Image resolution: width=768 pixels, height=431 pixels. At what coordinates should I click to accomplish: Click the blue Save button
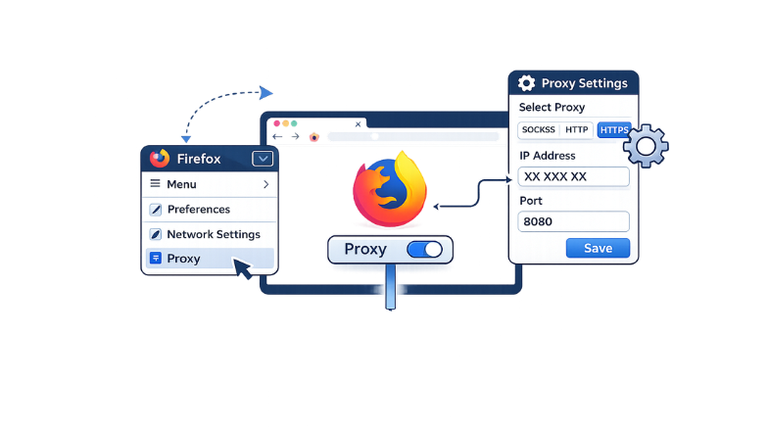click(598, 248)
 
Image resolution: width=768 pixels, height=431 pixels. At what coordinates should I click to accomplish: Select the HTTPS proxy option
click(614, 130)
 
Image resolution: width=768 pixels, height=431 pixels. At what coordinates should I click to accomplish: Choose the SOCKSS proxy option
click(539, 130)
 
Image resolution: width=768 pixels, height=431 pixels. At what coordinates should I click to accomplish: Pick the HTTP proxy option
click(577, 130)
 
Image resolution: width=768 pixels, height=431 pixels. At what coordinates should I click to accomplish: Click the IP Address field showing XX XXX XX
click(573, 177)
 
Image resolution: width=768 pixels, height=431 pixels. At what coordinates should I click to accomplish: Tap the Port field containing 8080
click(573, 221)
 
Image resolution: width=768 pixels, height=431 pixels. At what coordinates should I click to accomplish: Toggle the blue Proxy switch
click(424, 250)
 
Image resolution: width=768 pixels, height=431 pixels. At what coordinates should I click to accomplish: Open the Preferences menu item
click(198, 210)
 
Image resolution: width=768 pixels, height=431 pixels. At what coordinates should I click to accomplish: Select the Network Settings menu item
click(213, 235)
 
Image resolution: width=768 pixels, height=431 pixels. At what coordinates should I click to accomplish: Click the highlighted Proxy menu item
click(183, 260)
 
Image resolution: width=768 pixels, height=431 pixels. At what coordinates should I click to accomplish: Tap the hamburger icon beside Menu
click(155, 184)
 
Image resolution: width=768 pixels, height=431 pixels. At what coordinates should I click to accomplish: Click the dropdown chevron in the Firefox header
click(262, 159)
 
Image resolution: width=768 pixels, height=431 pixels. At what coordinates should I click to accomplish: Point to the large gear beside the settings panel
click(646, 148)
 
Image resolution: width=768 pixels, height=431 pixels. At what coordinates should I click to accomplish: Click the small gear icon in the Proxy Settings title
click(527, 83)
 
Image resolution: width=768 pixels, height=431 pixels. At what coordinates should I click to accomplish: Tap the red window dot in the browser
click(276, 123)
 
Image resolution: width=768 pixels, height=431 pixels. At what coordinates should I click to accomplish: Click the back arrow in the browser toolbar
click(278, 137)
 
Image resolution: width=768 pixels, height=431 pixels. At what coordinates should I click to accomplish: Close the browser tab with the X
click(358, 124)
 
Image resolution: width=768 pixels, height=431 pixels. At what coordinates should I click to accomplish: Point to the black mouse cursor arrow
click(241, 268)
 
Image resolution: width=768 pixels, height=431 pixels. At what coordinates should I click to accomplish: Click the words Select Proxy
click(551, 107)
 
